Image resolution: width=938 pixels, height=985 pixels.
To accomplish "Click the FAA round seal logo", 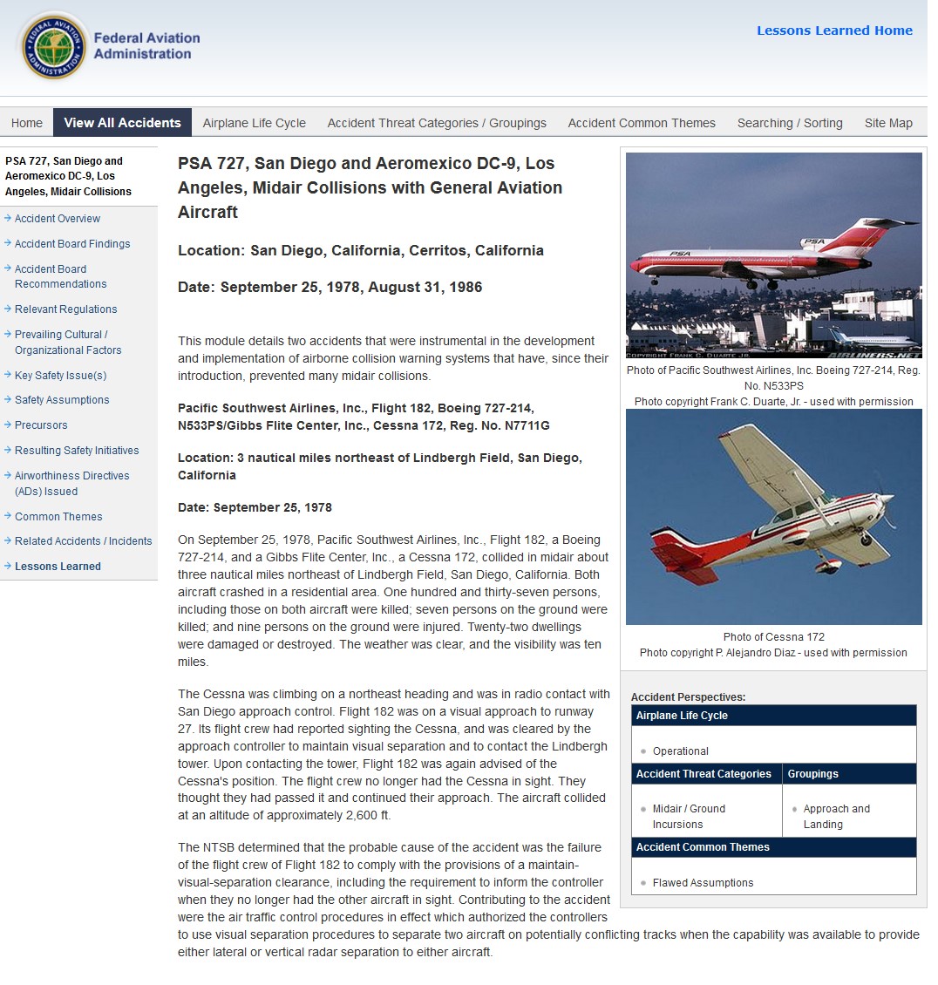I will click(54, 45).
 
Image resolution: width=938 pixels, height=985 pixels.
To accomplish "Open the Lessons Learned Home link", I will click(834, 31).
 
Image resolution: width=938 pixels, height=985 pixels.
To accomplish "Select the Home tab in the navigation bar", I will click(27, 123).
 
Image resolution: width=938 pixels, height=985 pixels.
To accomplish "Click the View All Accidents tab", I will click(122, 123).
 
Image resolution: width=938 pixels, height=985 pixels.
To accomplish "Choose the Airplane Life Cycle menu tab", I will click(254, 123).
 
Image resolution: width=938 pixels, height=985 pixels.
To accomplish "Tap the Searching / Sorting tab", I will click(790, 123).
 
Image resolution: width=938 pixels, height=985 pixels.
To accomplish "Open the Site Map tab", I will click(888, 123).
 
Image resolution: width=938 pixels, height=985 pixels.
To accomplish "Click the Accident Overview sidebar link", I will click(58, 219).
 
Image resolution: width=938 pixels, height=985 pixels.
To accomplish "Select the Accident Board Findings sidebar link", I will click(72, 244).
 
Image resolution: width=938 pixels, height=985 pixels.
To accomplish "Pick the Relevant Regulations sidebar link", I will click(65, 309).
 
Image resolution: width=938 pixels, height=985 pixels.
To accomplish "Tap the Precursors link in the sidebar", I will click(41, 425).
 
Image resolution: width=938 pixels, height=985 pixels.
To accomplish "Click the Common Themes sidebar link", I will click(58, 517).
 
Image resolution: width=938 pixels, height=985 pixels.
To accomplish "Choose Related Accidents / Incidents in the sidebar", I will click(83, 541).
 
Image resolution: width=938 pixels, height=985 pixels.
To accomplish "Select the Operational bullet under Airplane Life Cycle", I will click(680, 751).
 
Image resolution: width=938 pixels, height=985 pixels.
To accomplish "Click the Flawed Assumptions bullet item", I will click(703, 883).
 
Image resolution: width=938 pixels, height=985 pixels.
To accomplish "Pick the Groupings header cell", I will click(812, 774).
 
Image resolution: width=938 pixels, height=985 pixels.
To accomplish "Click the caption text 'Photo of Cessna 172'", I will click(773, 637).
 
